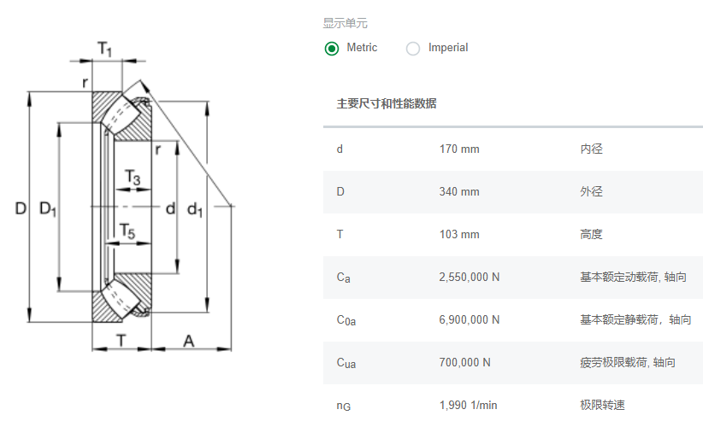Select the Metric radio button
click(x=332, y=49)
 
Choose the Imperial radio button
click(x=413, y=49)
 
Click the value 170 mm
click(x=459, y=149)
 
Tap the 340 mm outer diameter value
click(x=459, y=191)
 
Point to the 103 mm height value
click(x=459, y=235)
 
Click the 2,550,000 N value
click(x=469, y=277)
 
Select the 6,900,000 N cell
click(x=469, y=319)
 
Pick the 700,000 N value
click(x=464, y=363)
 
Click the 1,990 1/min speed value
click(x=468, y=405)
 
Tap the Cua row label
click(x=346, y=363)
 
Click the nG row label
click(x=344, y=406)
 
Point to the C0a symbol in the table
click(x=346, y=320)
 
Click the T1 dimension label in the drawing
click(x=104, y=49)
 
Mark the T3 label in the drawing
click(x=133, y=178)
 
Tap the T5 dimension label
click(x=127, y=231)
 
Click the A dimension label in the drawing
click(x=189, y=342)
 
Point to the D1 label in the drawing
click(x=48, y=209)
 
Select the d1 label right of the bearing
click(x=195, y=209)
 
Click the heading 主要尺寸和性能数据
click(x=387, y=104)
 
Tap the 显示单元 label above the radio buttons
click(x=346, y=23)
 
